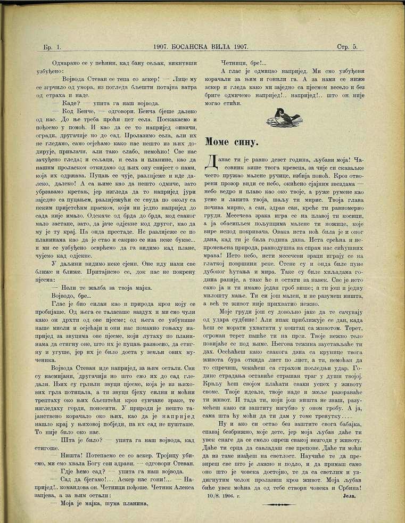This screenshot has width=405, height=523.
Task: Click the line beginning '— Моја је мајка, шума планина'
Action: click(99, 503)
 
